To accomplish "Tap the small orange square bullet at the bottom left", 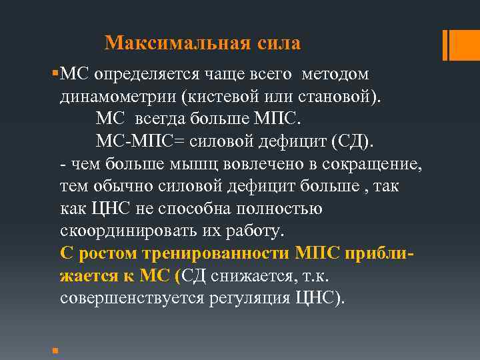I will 53,349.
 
